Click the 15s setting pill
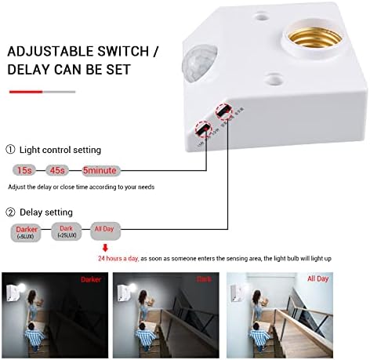click(x=25, y=169)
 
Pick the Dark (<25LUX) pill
click(x=69, y=233)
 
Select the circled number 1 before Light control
click(x=10, y=150)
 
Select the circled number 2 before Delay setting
click(x=10, y=212)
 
